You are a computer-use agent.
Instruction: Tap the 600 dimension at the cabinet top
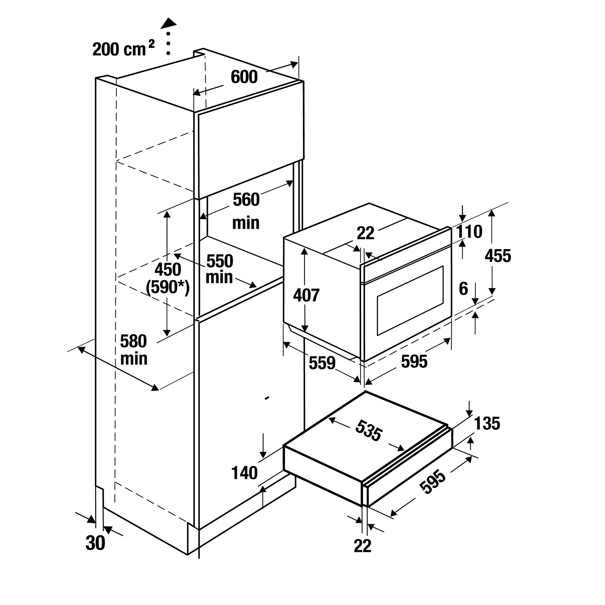pyautogui.click(x=244, y=77)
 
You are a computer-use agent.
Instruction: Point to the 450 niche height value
pyautogui.click(x=168, y=270)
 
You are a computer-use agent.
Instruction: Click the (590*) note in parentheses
pyautogui.click(x=168, y=287)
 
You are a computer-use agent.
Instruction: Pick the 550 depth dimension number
pyautogui.click(x=220, y=261)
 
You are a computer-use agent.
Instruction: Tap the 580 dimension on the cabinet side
pyautogui.click(x=134, y=341)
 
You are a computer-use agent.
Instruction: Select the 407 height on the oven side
pyautogui.click(x=306, y=295)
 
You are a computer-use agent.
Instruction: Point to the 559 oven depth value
pyautogui.click(x=322, y=363)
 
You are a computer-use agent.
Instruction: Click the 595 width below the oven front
pyautogui.click(x=414, y=362)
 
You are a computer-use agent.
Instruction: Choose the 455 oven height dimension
pyautogui.click(x=498, y=256)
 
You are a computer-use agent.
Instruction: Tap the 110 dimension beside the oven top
pyautogui.click(x=469, y=232)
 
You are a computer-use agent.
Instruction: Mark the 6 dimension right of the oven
pyautogui.click(x=463, y=289)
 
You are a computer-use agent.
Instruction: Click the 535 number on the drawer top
pyautogui.click(x=369, y=431)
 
